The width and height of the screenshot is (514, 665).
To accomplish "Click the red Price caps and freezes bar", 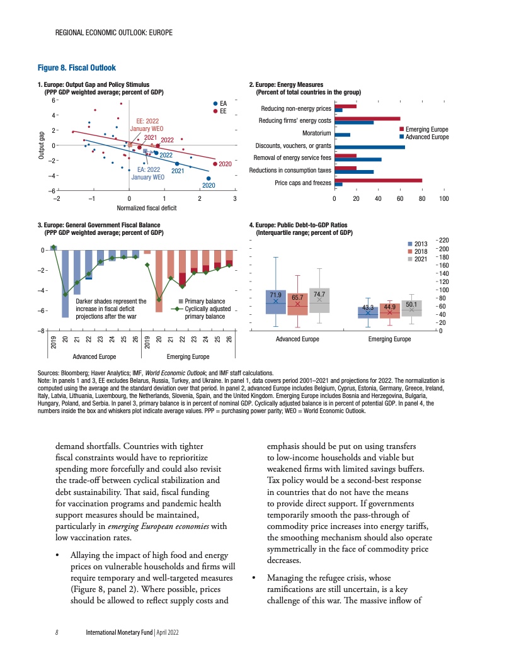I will (x=378, y=181).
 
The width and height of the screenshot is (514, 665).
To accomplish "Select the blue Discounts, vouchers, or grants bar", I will (x=369, y=147).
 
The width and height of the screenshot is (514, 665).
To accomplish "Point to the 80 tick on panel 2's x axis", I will (x=422, y=198).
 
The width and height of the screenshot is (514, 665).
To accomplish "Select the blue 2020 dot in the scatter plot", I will (x=208, y=178).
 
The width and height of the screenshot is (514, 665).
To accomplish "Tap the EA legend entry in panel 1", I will (x=220, y=103).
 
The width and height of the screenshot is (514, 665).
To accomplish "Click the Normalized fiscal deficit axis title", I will (x=146, y=207).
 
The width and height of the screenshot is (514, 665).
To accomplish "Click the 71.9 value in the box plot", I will (x=275, y=294).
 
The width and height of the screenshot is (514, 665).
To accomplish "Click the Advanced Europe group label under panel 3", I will (x=89, y=356).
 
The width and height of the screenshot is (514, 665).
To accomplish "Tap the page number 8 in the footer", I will (x=57, y=633).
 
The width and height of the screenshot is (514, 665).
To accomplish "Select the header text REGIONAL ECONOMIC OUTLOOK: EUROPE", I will (x=114, y=31).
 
